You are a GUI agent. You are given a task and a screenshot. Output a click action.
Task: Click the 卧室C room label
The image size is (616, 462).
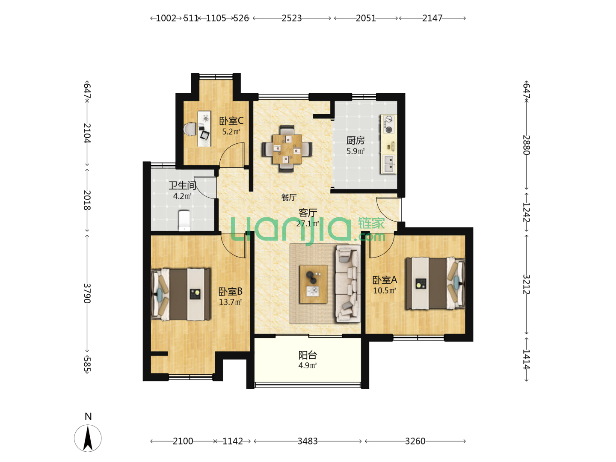[231, 121]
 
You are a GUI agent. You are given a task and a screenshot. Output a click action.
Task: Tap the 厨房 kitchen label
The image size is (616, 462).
[355, 140]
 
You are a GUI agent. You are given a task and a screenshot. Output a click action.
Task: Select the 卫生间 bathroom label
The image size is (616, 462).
[182, 185]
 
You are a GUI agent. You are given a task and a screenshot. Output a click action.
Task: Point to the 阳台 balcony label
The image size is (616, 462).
[308, 355]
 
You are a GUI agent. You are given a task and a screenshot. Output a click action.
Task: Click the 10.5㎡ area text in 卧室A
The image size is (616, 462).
[384, 290]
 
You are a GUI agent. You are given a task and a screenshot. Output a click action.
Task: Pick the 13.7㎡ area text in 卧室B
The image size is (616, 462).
[230, 302]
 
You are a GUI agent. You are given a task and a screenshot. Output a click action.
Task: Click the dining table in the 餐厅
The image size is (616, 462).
[287, 149]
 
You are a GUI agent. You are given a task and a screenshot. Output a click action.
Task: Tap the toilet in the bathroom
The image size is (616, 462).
[184, 221]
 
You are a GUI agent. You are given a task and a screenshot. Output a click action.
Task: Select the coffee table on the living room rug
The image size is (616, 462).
[313, 284]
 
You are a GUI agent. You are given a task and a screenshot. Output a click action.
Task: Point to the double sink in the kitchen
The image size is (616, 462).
[389, 164]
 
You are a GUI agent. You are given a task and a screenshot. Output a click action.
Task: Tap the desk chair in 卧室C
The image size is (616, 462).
[190, 129]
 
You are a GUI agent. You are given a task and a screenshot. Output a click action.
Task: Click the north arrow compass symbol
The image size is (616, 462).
[88, 438]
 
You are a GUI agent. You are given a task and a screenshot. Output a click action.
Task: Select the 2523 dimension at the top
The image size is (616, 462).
[292, 18]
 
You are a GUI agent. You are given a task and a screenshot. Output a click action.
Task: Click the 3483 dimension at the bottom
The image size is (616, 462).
[308, 441]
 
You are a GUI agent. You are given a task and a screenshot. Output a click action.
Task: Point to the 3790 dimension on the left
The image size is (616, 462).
[87, 293]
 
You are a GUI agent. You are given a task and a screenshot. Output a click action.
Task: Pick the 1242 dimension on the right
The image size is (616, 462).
[526, 212]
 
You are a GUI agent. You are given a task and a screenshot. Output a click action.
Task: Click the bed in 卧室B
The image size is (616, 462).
[181, 295]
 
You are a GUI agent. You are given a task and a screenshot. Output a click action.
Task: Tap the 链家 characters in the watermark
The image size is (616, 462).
[371, 223]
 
